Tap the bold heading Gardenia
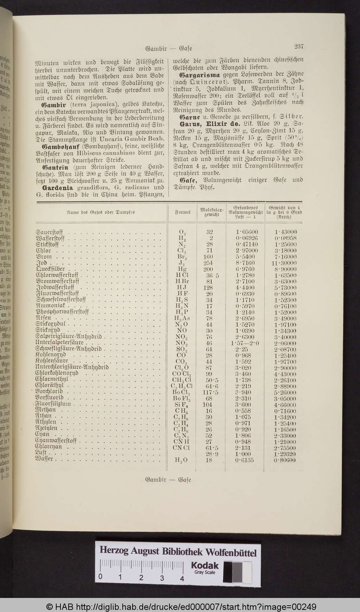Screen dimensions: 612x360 point(58,187)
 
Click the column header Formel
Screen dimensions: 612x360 point(183,212)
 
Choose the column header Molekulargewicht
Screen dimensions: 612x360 point(209,212)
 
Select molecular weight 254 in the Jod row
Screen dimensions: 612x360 point(209,263)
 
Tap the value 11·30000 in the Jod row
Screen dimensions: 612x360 point(284,263)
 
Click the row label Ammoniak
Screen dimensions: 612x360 point(50,306)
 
